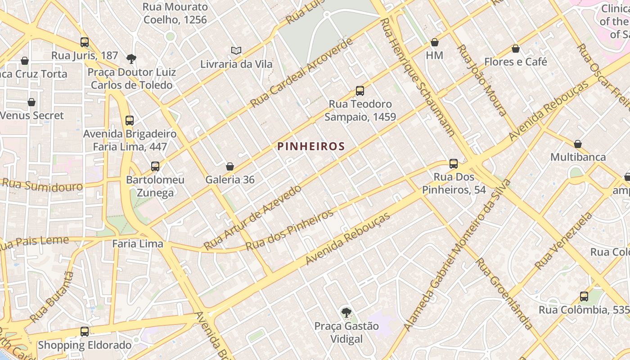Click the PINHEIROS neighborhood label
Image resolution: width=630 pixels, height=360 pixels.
(311, 146)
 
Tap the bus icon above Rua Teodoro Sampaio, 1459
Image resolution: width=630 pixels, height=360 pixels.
(360, 91)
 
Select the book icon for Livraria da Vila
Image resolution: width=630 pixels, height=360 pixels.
(236, 51)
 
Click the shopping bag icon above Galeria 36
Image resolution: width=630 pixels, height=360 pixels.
(230, 166)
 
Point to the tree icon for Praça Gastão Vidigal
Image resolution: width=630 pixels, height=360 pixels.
(346, 312)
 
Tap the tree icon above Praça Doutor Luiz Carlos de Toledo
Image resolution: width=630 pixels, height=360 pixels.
(131, 58)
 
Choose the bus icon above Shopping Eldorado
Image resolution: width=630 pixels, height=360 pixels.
(84, 332)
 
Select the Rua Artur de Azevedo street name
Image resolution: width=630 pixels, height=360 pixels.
(252, 217)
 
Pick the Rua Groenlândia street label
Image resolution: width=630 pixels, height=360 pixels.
(504, 293)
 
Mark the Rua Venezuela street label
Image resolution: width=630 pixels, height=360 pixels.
(563, 241)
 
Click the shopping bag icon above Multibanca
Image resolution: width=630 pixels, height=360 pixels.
(578, 144)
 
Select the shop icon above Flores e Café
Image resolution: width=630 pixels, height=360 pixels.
(516, 49)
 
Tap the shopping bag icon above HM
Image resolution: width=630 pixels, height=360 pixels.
(434, 42)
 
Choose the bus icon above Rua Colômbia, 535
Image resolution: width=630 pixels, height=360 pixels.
(584, 297)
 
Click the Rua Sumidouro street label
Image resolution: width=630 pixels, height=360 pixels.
(43, 185)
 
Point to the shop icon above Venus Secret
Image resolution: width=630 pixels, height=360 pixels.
(31, 102)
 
